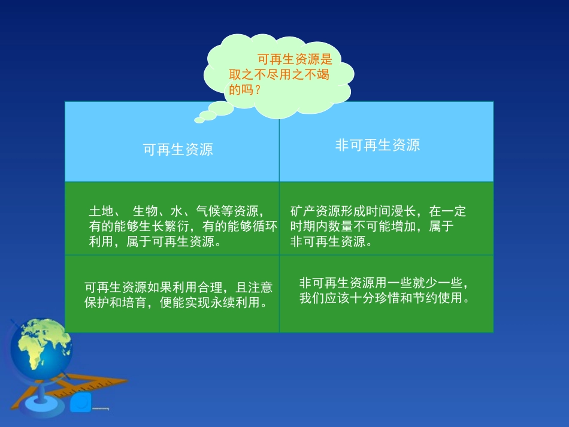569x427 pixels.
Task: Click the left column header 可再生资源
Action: (x=178, y=150)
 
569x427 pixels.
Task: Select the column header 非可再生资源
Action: (x=377, y=145)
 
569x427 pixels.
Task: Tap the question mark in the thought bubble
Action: (x=258, y=90)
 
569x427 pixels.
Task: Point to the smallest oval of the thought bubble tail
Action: (x=199, y=120)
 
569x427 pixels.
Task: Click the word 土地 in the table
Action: (x=101, y=211)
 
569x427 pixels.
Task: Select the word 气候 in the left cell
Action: (x=208, y=211)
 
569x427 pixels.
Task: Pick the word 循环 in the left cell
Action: (x=265, y=226)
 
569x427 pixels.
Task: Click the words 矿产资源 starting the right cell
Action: (x=315, y=211)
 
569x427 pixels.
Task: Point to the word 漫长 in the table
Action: (x=403, y=211)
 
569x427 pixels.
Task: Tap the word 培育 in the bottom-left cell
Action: (x=135, y=302)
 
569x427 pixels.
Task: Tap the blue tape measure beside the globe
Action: (x=81, y=402)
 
